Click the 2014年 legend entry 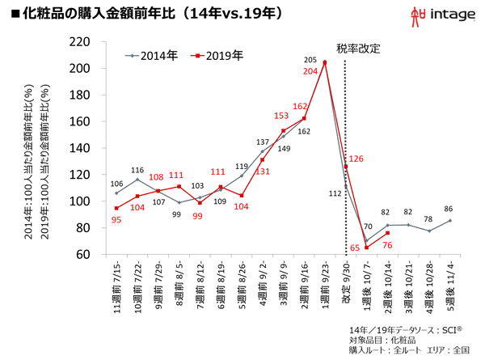pos(153,56)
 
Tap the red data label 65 pos(355,248)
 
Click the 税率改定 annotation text pos(357,47)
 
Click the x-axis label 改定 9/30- pos(346,285)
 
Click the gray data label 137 pos(262,142)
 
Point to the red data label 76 pos(387,244)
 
